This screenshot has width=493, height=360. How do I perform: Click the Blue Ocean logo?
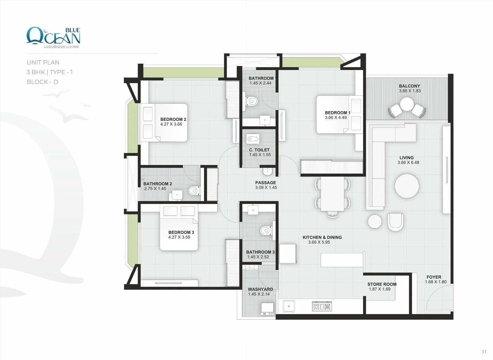(53, 37)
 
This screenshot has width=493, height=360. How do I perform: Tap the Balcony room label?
(409, 86)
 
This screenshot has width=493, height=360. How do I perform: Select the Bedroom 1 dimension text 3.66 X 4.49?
(336, 117)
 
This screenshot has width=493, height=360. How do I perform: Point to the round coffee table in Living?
(407, 186)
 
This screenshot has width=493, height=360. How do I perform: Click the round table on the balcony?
(407, 104)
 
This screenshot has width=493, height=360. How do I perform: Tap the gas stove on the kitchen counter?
(322, 306)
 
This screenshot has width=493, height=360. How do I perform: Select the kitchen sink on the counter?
(289, 306)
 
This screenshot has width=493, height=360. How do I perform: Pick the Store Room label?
(382, 284)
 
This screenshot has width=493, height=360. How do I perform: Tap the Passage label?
(265, 183)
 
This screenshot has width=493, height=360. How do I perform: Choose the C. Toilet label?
(259, 150)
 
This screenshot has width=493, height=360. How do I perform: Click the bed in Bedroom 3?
(179, 228)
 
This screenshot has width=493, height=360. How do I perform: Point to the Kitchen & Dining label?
(322, 237)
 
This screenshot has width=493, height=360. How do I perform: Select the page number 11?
(484, 352)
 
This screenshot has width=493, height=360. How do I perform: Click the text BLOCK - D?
(43, 82)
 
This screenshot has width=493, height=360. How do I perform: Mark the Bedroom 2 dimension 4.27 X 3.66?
(171, 124)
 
